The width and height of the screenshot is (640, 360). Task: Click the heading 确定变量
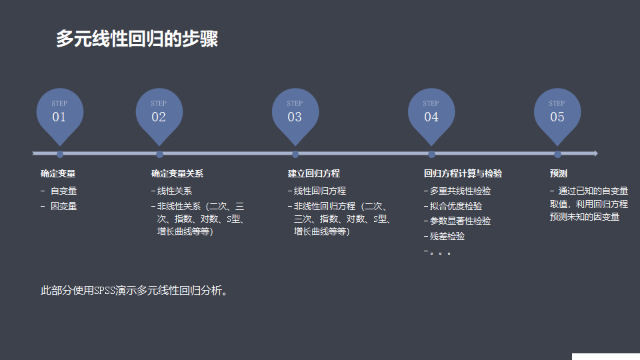58,173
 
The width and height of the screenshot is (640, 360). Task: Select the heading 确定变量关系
177,173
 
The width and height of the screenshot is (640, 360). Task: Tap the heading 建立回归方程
314,173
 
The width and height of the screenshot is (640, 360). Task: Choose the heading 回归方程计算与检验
463,173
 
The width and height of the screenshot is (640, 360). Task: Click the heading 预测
559,173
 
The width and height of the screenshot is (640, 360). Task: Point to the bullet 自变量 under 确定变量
63,191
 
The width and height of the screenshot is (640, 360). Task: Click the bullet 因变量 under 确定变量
63,206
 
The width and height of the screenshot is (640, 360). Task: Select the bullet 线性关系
174,191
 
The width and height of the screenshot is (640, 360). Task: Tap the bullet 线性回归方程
320,191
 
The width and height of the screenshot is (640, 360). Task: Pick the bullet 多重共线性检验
460,191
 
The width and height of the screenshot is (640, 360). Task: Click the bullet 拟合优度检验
456,206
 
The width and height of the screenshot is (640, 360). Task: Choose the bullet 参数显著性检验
460,221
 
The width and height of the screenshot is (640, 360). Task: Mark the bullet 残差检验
447,236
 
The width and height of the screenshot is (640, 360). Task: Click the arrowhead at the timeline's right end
595,153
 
